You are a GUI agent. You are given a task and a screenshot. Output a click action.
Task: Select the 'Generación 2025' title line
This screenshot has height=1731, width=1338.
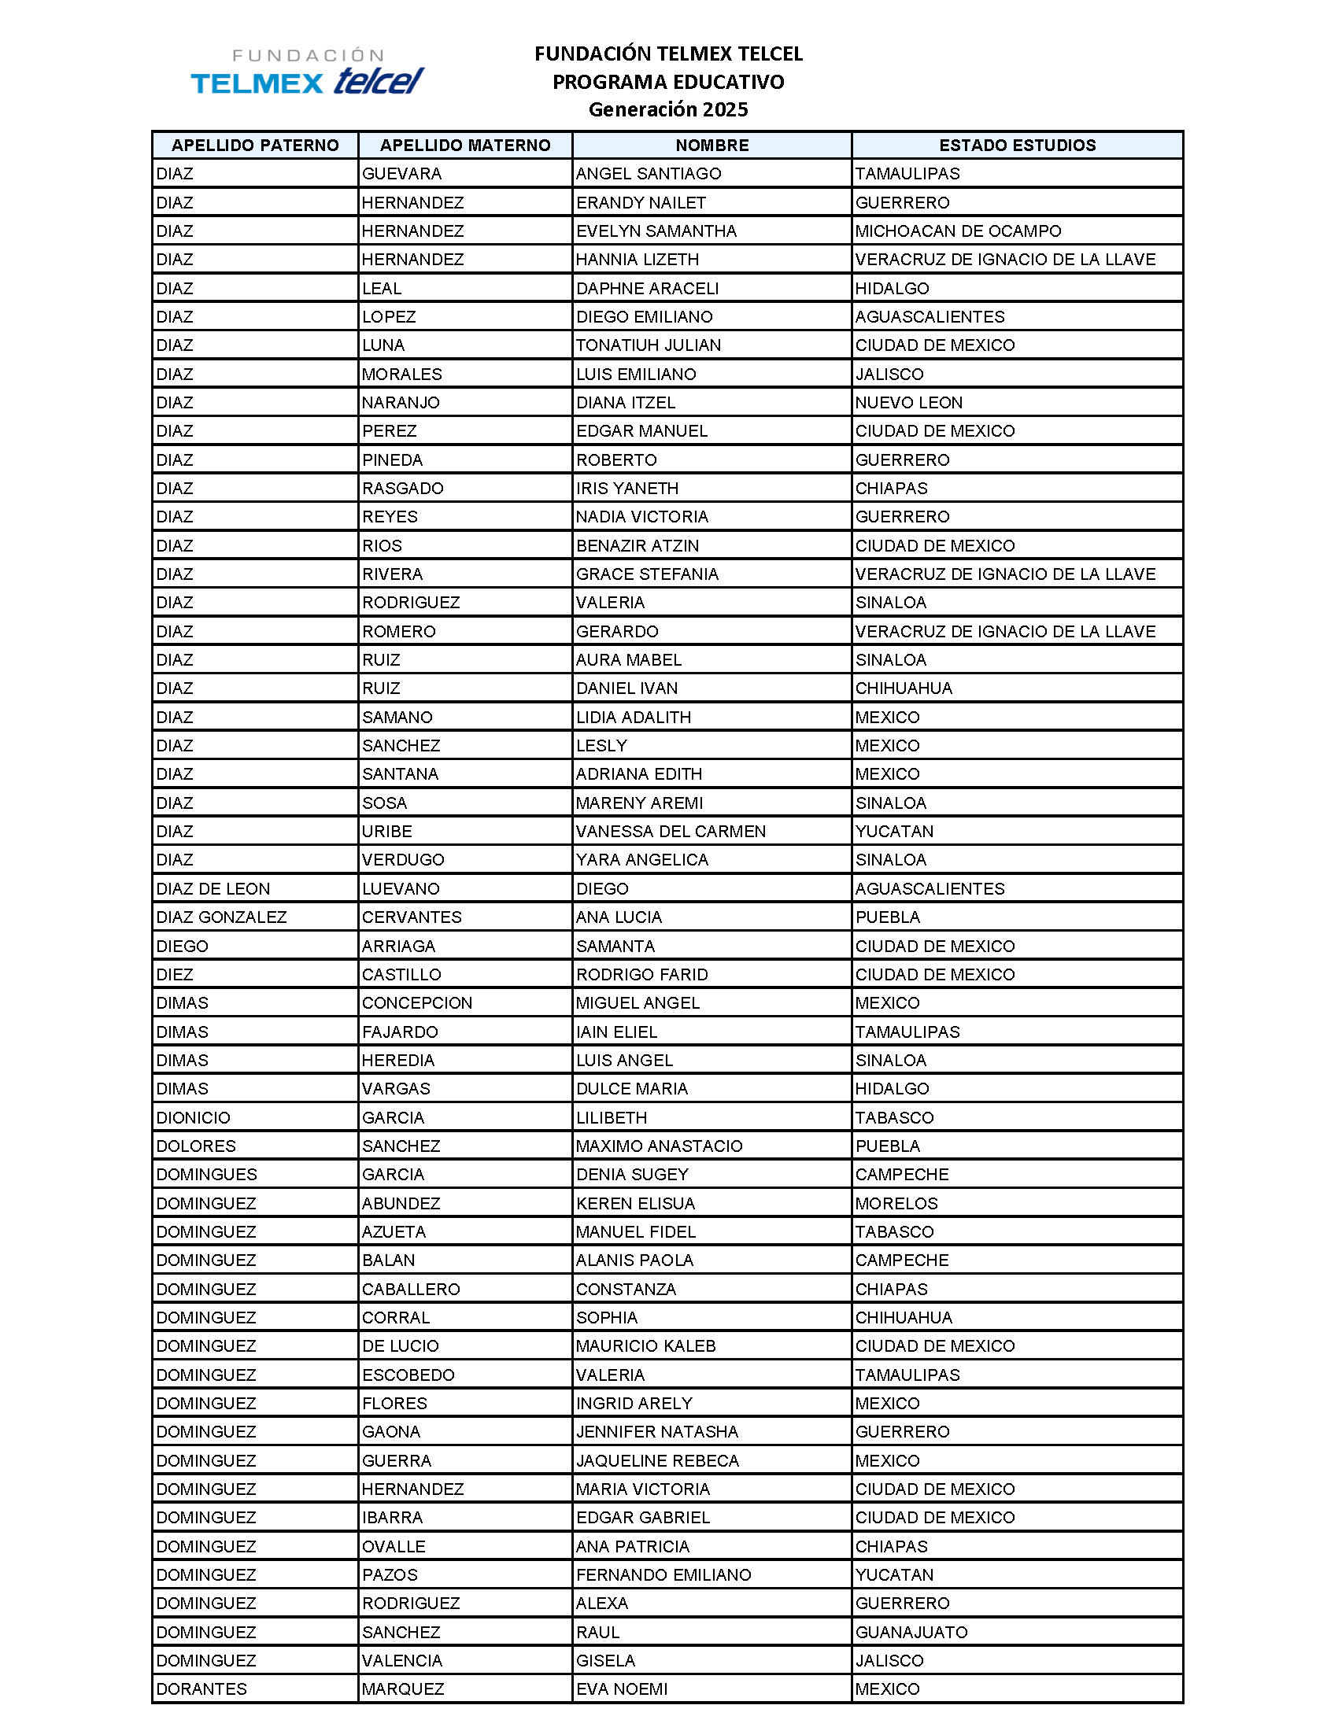tap(668, 109)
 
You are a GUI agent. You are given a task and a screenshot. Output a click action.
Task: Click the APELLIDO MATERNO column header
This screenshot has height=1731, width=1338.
tap(465, 145)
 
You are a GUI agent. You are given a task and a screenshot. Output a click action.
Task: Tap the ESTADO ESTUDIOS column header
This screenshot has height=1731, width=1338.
tap(1017, 145)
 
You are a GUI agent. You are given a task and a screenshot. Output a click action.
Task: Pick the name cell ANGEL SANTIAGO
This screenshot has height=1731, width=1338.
tap(649, 174)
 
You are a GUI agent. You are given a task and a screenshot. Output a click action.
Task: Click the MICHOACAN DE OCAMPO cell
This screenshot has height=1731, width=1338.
tap(958, 231)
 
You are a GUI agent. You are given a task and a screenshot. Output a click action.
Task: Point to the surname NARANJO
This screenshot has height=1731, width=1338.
tap(401, 403)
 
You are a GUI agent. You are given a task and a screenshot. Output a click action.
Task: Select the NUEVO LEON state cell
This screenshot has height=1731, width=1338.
tap(908, 403)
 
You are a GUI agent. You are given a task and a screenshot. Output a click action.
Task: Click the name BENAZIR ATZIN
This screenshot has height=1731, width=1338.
tap(638, 545)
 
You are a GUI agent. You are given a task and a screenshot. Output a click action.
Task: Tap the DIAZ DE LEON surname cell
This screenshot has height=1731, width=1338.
tap(213, 888)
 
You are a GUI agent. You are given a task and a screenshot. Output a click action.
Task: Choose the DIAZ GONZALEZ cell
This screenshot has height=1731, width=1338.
tap(221, 917)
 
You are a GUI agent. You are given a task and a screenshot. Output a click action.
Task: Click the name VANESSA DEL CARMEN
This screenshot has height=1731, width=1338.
tap(671, 832)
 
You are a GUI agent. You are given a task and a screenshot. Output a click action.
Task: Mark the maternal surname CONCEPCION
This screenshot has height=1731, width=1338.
tap(417, 1002)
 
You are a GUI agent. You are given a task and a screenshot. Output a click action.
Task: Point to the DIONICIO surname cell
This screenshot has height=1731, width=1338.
tap(194, 1117)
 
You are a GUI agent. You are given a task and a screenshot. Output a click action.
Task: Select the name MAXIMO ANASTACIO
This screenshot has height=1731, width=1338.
tap(659, 1146)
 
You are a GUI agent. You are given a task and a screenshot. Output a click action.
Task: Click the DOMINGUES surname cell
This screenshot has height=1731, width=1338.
tap(206, 1175)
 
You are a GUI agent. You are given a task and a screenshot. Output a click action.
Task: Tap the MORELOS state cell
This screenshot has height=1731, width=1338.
tap(896, 1203)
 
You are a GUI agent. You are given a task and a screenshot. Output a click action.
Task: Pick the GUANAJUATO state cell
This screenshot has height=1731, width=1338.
tap(911, 1632)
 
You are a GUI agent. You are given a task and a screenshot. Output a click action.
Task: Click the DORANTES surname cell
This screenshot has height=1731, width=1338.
tap(201, 1689)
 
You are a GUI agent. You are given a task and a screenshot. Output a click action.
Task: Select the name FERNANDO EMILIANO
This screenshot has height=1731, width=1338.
tap(663, 1575)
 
